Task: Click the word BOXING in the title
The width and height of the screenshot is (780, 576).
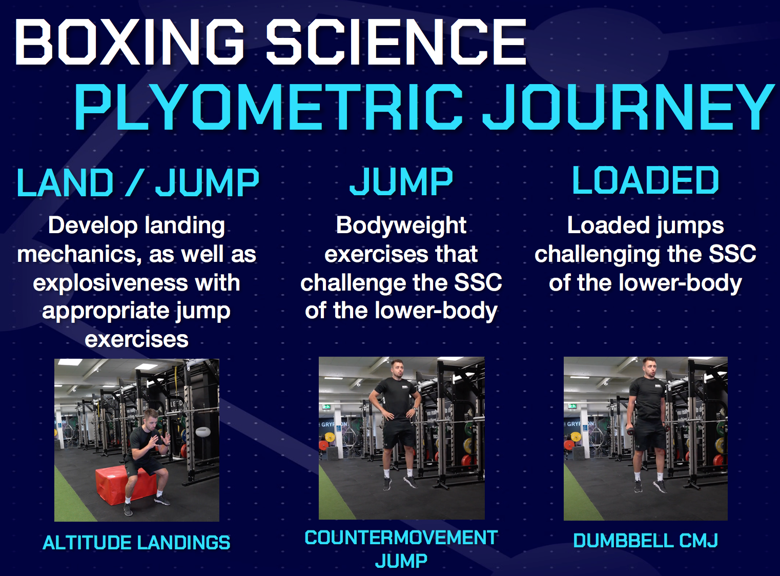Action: [129, 42]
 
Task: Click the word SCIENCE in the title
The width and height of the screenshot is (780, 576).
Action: [396, 42]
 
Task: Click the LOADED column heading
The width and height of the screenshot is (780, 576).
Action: [645, 181]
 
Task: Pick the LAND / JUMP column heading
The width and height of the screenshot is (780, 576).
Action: [137, 183]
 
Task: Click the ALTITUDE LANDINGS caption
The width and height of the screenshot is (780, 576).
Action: [136, 543]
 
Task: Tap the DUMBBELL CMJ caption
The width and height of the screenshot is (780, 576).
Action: [645, 541]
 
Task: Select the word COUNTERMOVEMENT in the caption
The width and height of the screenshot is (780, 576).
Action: [401, 538]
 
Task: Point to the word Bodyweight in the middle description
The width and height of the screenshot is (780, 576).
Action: [401, 225]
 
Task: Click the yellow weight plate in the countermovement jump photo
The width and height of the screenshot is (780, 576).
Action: [330, 437]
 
